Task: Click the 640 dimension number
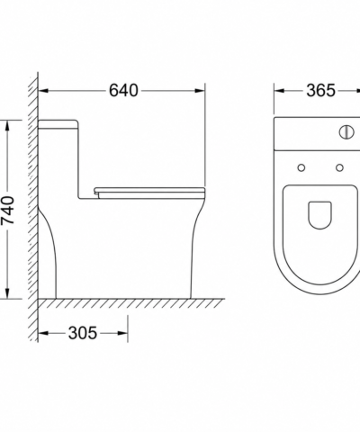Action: point(123,90)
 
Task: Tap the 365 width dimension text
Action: point(320,90)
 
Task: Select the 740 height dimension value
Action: point(8,211)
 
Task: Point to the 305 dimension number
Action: point(83,333)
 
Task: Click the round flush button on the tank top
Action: point(346,132)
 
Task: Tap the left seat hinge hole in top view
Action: point(301,167)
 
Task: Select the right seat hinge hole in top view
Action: point(339,167)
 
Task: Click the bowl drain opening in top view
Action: point(319,215)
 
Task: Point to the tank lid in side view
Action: point(58,124)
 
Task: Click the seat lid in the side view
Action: point(150,190)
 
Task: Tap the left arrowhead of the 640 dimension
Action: point(44,91)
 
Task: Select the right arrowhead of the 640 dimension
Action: point(200,91)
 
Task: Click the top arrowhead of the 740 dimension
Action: point(7,126)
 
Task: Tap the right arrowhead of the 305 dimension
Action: point(122,333)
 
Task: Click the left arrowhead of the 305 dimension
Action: point(44,333)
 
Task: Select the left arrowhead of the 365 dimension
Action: point(280,91)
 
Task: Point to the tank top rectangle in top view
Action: point(317,133)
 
